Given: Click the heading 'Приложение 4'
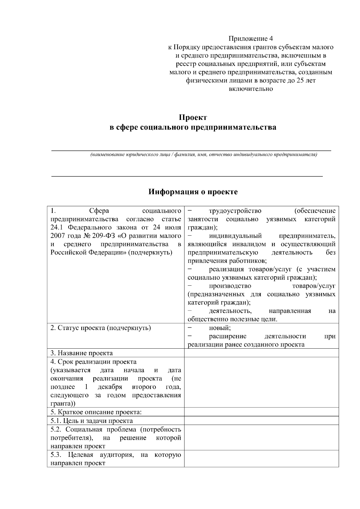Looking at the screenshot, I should point(251,39).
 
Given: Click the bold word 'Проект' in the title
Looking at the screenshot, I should point(193,118).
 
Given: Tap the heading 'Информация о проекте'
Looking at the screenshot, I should point(193,192).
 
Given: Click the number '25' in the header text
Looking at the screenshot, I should point(300,80).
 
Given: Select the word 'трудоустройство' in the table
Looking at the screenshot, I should point(235,211).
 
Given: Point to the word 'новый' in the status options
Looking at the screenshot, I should point(219,328).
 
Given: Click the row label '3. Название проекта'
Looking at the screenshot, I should point(82,353).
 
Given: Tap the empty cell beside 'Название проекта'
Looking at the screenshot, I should point(261,353).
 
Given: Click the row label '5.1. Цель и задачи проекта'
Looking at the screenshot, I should point(91,421).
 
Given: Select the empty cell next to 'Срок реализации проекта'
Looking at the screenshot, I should point(261,382).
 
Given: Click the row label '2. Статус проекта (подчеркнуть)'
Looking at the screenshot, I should point(100,328).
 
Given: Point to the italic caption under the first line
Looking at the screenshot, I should point(204,155).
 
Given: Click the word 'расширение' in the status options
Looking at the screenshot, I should point(228,336).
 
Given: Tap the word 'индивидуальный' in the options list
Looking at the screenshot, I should point(235,236).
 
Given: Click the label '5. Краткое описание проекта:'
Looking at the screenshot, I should point(96,412).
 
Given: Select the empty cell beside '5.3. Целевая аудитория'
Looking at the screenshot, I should point(261,459).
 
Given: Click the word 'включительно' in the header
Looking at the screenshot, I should point(251,89).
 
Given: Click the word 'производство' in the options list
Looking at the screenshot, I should point(230,286).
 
